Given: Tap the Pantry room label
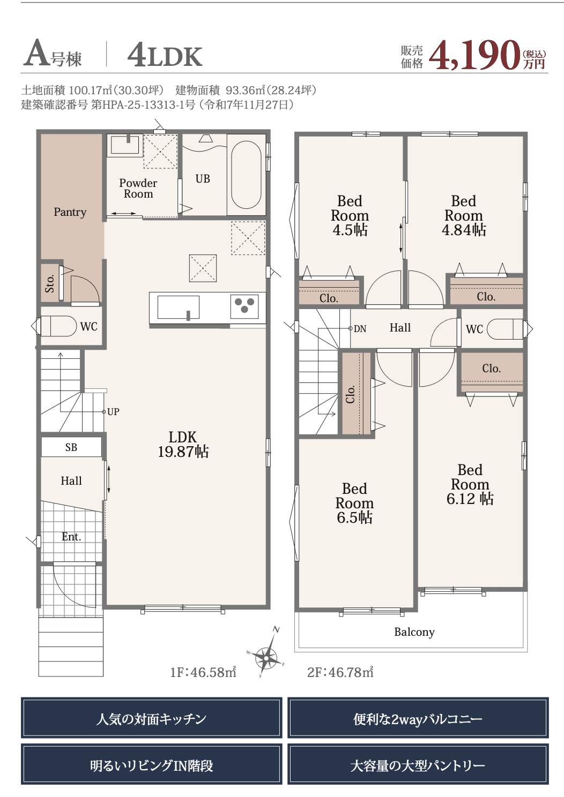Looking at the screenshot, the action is tap(70, 212).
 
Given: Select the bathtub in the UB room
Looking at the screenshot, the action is tap(246, 175).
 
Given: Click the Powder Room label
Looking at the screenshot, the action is tap(138, 188).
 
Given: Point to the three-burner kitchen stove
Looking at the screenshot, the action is tap(244, 306).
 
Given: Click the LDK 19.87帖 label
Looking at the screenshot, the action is tap(183, 445).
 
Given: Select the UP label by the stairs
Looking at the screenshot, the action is tap(113, 412).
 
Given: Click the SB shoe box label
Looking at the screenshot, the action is tap(71, 447).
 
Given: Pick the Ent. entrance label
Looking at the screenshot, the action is tap(71, 537).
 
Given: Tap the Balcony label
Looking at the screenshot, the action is tap(414, 632).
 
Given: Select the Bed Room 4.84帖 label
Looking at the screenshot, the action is tap(464, 216).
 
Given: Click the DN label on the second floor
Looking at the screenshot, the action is tap(360, 329).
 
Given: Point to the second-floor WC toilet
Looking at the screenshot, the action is tap(505, 329).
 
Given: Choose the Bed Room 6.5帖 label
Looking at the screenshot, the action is tap(354, 503).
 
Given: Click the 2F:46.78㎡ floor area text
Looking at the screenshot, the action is tap(340, 673).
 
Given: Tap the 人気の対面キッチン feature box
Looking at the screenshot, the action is tap(152, 718).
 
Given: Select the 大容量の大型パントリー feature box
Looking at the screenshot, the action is tap(418, 765).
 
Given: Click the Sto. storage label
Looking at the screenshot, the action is tap(50, 283).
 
